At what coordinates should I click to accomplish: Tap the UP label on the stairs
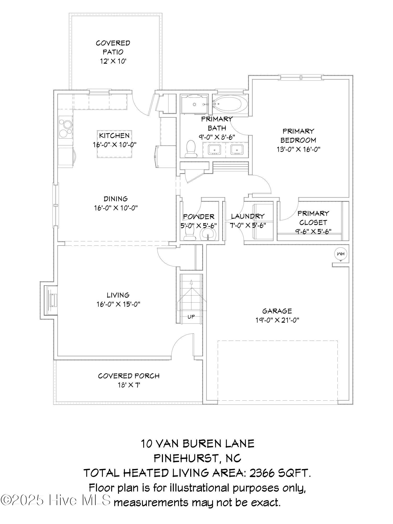[x=191, y=317]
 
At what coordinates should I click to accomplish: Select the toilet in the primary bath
[x=190, y=149]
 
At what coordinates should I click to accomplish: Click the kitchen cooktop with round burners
[x=65, y=128]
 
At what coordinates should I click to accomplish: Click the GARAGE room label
[x=277, y=311]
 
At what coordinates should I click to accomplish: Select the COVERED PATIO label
[x=113, y=47]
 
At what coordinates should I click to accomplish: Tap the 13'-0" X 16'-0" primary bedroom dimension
[x=299, y=149]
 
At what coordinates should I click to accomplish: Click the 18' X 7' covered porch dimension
[x=128, y=385]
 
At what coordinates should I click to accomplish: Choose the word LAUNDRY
[x=248, y=216]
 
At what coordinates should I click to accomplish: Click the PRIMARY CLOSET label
[x=313, y=218]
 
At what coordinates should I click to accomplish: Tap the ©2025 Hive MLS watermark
[x=56, y=500]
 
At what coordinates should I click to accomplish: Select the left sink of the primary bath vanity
[x=215, y=150]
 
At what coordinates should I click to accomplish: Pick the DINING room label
[x=116, y=199]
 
